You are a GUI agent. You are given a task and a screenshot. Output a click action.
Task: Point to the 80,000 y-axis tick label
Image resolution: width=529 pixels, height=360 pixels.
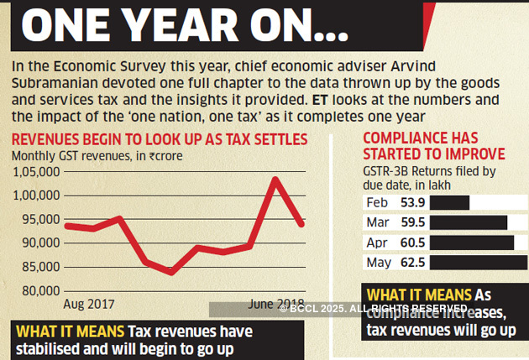tap(36, 291)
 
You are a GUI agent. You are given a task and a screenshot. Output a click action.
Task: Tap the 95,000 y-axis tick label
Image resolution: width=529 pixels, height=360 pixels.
tap(36, 220)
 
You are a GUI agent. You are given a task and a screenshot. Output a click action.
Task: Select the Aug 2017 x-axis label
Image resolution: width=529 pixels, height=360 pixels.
tap(89, 304)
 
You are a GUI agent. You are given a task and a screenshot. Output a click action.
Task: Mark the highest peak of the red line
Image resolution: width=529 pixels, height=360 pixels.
tap(275, 179)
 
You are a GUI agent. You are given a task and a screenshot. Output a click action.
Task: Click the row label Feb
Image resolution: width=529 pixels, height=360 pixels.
tap(377, 203)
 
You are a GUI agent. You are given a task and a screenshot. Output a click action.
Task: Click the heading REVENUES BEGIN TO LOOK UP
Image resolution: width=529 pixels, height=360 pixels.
tap(160, 138)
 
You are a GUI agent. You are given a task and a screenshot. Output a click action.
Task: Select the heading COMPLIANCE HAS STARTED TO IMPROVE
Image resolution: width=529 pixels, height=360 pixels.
tap(433, 146)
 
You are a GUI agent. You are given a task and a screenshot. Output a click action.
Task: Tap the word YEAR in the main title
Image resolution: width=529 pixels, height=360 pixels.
tap(189, 27)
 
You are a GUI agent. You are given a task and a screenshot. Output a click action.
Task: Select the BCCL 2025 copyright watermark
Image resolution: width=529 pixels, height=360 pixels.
tap(373, 310)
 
